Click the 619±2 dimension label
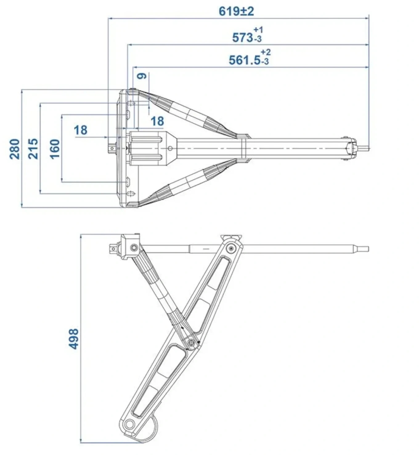point(236,11)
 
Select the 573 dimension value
point(242,38)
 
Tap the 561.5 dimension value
point(245,60)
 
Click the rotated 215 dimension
point(33,149)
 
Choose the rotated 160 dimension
point(55,149)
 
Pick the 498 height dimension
point(73,339)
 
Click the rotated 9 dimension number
point(142,76)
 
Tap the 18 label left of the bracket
point(80,130)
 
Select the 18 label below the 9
point(157,121)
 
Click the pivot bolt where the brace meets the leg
point(191,342)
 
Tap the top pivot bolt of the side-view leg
point(231,248)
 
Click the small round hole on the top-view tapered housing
point(170,148)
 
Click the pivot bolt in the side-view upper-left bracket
point(134,248)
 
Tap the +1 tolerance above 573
point(258,30)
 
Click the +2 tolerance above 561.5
point(266,52)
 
